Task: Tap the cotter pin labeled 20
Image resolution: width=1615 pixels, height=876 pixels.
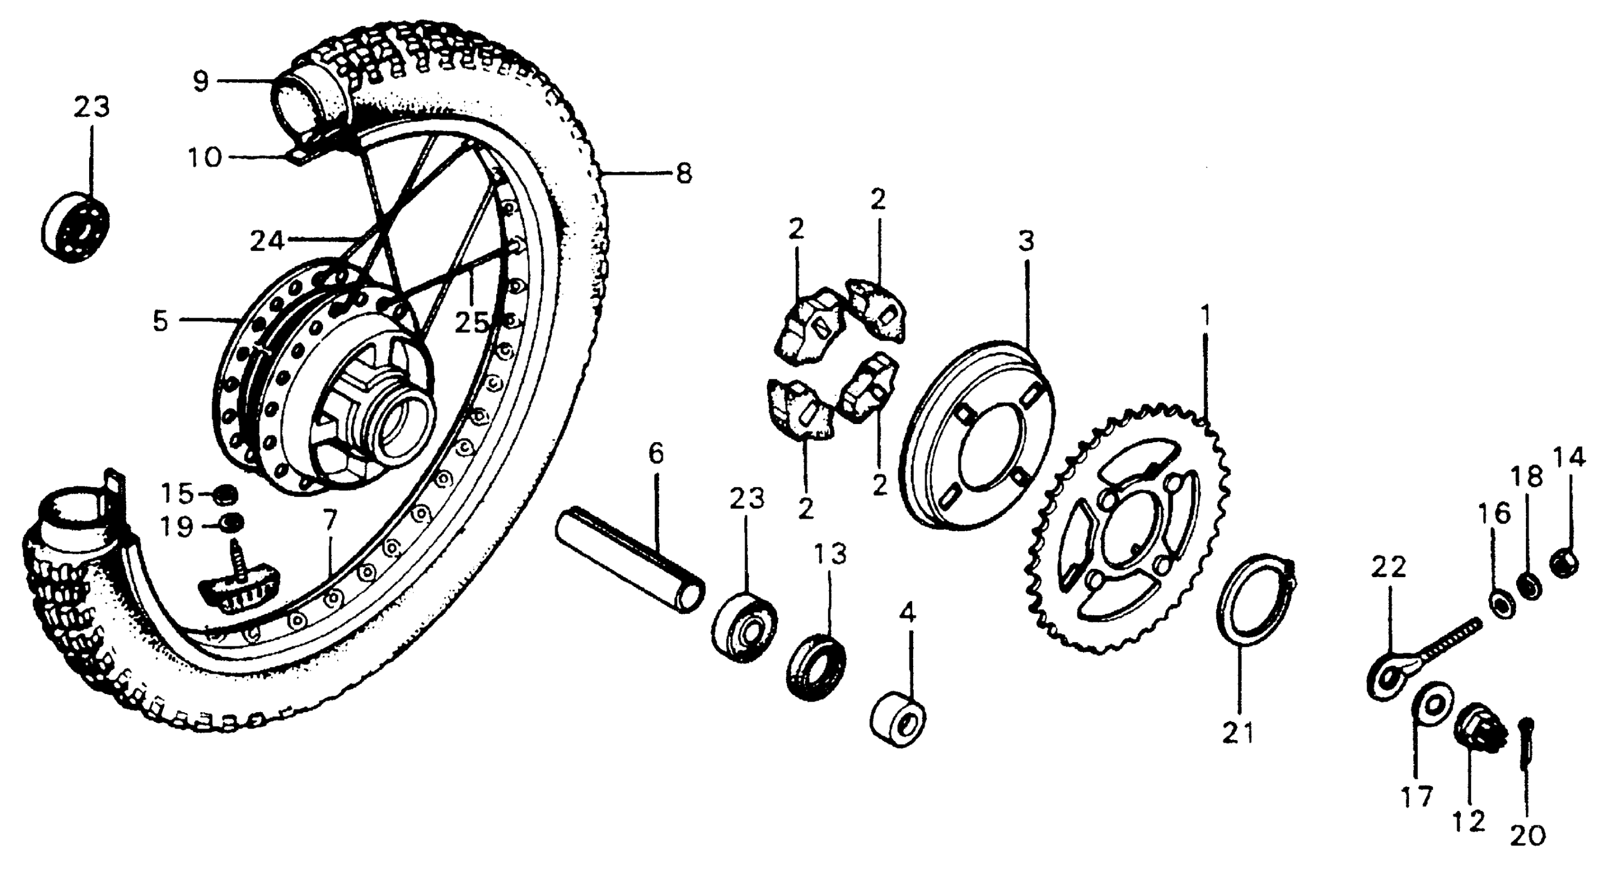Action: click(1526, 752)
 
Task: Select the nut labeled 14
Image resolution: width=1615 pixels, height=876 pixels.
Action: click(1565, 561)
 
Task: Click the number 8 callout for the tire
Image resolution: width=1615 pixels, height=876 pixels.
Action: click(684, 173)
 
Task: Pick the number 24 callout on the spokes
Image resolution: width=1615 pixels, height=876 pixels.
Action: click(267, 241)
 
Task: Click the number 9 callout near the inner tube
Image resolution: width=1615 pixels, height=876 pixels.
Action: click(200, 81)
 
